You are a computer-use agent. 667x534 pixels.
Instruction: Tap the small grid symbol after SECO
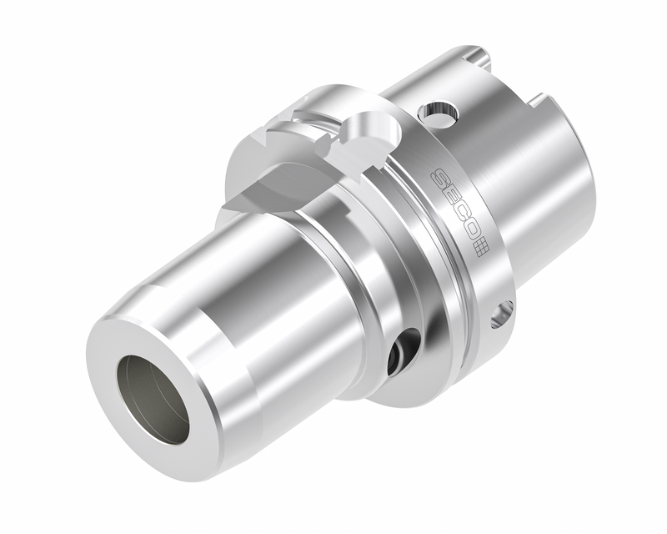click(480, 247)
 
